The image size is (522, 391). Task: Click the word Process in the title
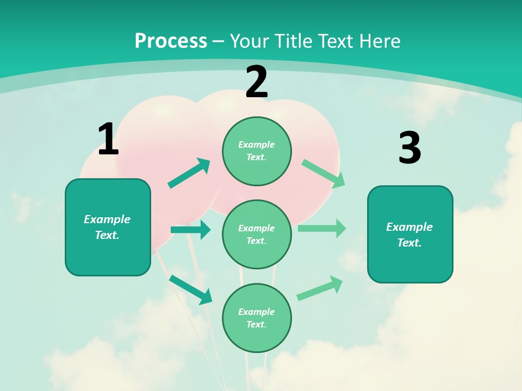click(171, 41)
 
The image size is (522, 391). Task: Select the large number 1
click(108, 140)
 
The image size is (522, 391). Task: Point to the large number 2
click(257, 83)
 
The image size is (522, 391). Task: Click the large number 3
click(409, 148)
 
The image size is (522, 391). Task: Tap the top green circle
click(257, 151)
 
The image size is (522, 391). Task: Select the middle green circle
click(257, 235)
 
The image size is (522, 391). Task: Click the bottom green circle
click(257, 318)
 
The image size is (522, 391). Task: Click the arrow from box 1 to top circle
click(189, 173)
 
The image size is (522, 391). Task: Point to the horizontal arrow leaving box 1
click(190, 230)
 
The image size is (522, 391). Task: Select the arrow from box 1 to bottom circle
click(190, 289)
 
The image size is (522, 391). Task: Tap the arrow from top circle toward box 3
click(324, 174)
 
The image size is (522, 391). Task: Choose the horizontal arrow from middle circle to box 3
click(322, 228)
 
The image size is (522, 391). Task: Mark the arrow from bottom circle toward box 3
click(320, 288)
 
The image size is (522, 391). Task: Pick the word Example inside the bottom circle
click(257, 312)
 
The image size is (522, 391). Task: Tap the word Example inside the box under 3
click(409, 227)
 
